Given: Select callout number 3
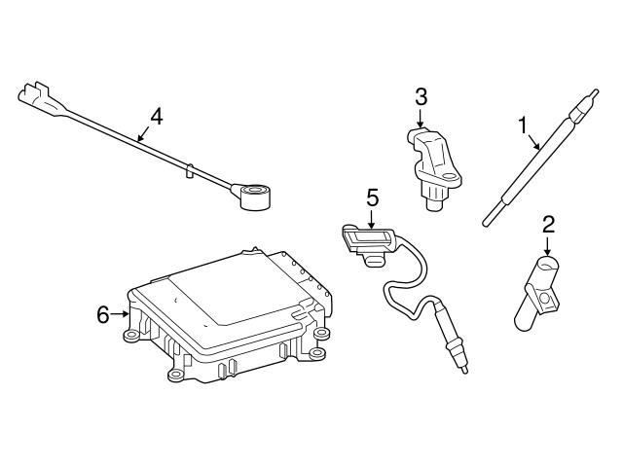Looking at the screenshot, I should [421, 95].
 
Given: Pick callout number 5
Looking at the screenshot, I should [372, 198].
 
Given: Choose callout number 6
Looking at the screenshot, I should [103, 313].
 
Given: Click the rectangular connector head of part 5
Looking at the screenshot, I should [366, 239].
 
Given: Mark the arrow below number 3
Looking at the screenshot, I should [421, 119].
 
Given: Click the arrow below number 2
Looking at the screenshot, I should [548, 246].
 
